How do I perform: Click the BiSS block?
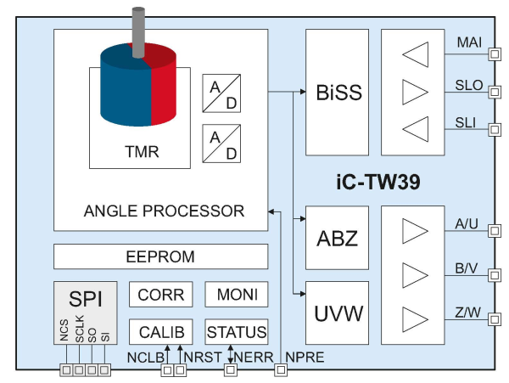click(337, 93)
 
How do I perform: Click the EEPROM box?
click(160, 256)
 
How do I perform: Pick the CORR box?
click(161, 295)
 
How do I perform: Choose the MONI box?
click(237, 295)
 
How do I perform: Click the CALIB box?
click(161, 332)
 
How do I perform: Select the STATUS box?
click(237, 332)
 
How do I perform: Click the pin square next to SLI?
click(494, 129)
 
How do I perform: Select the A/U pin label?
click(467, 224)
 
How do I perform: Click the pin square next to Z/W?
click(494, 320)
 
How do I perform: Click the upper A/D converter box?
click(221, 93)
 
